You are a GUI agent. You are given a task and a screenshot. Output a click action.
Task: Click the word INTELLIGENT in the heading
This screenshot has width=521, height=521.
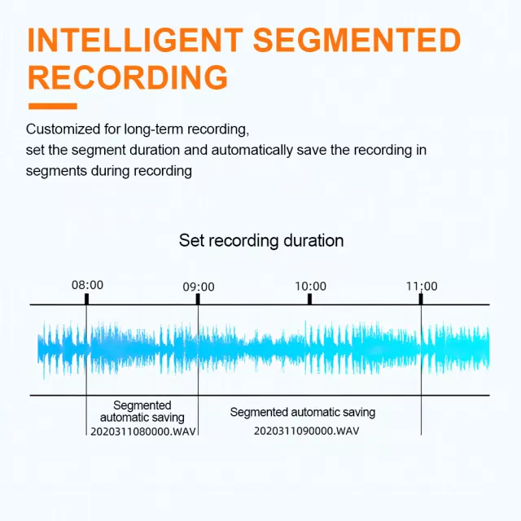point(135,40)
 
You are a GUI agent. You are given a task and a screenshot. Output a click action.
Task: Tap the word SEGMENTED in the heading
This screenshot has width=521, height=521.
point(357,40)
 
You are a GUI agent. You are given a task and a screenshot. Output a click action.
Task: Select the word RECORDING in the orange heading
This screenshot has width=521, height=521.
point(128,77)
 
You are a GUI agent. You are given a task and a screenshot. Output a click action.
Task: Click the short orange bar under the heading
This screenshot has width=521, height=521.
point(53,107)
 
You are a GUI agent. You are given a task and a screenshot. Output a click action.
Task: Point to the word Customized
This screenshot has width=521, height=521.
point(63,129)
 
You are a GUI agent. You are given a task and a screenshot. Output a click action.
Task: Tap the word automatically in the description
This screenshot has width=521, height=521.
point(252,150)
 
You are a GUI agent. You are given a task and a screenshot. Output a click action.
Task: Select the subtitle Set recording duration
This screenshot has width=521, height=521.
point(261,240)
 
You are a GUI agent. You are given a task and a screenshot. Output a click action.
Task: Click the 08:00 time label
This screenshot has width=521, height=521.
point(87,285)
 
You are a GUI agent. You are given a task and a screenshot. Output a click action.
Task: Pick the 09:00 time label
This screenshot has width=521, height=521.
point(199,287)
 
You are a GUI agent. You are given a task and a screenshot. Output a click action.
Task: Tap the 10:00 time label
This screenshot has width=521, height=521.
point(310,286)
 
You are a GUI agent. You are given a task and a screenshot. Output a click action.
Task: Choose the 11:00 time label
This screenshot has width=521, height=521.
point(422,286)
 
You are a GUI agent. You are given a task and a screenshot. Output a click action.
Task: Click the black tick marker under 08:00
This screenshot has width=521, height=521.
point(87,299)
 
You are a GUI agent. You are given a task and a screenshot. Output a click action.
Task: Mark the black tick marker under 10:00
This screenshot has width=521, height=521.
point(309,299)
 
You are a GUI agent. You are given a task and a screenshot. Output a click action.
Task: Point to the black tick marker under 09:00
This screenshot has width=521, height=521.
point(198,299)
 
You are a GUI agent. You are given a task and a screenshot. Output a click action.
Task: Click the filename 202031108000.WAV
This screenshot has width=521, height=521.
point(143,431)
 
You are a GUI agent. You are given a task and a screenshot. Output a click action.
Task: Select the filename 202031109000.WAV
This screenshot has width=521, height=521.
point(306,431)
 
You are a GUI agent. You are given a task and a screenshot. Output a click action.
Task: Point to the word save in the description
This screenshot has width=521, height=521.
point(312,151)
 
